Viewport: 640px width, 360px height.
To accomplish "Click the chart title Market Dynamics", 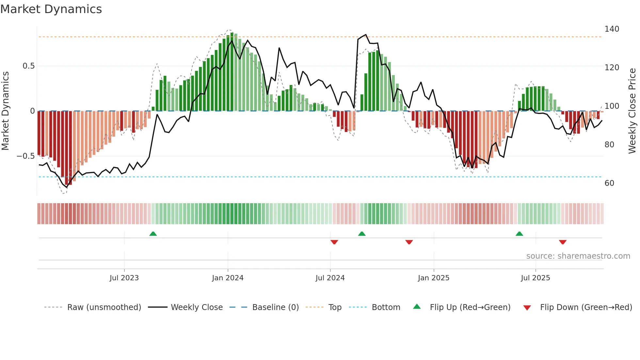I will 51,9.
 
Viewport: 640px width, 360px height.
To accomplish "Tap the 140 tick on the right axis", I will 612,29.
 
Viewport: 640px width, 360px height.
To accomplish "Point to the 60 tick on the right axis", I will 609,183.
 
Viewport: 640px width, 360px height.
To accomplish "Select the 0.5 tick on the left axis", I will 28,66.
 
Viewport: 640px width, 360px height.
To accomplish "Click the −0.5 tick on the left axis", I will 25,156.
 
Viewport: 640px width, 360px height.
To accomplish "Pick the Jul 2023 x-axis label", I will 124,278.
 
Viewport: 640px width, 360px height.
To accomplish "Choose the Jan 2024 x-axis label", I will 228,278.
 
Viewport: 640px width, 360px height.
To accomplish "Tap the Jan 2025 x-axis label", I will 434,278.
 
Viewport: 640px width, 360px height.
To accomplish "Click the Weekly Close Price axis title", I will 632,111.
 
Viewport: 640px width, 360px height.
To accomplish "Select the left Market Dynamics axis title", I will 5,111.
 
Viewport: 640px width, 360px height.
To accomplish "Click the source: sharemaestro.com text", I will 578,256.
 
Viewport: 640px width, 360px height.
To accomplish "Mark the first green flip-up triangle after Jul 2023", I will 153,234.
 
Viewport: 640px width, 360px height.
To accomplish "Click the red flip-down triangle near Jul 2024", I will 334,242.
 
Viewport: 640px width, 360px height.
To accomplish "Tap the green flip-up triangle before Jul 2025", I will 519,234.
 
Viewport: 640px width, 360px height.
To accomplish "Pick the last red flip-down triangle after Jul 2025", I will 563,242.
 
